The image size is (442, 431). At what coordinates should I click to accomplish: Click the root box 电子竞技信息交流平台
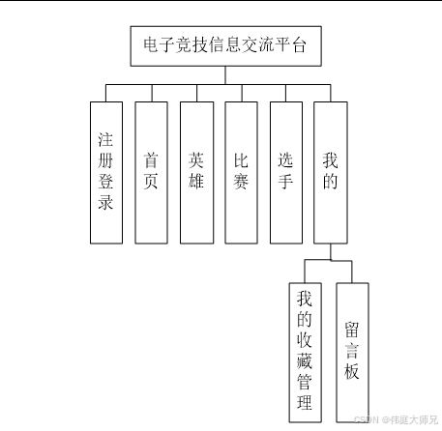tap(225, 46)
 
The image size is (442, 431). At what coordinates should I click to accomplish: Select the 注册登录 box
tap(106, 173)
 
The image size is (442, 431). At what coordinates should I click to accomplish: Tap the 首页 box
tap(151, 173)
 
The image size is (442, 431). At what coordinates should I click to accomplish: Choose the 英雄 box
tap(196, 173)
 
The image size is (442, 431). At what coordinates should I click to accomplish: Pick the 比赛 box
tap(241, 173)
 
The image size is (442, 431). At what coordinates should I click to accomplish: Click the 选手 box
tap(286, 173)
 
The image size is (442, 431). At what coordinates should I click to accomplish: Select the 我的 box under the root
tap(331, 173)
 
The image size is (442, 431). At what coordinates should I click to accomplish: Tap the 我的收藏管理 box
tap(305, 353)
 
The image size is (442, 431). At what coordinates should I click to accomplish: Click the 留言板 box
tap(352, 353)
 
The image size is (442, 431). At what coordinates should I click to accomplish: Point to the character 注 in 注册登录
tap(105, 139)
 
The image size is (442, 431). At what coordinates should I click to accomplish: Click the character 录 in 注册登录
tap(105, 202)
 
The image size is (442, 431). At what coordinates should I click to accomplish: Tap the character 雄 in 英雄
tap(196, 181)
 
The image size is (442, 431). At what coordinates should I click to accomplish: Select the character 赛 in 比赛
tap(241, 181)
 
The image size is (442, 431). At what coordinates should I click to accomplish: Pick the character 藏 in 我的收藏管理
tap(305, 360)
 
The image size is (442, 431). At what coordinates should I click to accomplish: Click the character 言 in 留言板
tap(351, 351)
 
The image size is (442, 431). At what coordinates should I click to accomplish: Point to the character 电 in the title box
tap(151, 44)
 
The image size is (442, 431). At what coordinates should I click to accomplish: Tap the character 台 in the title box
tap(298, 44)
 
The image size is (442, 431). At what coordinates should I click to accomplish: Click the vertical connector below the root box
tap(225, 75)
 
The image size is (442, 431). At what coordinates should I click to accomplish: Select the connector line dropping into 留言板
tap(352, 272)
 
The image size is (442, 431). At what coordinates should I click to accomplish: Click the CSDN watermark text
tap(396, 419)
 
